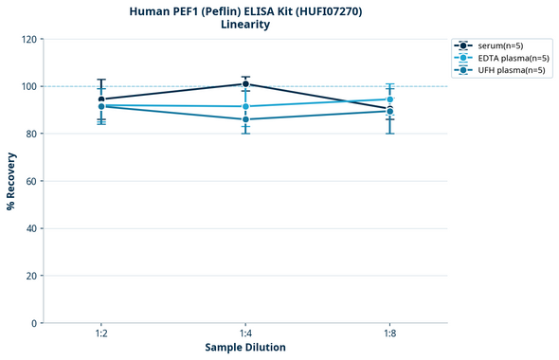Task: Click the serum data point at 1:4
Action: coord(245,84)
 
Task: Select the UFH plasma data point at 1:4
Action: coord(245,119)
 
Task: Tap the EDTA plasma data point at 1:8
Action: coord(389,99)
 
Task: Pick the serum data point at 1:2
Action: coord(101,99)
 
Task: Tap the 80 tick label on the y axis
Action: coord(29,134)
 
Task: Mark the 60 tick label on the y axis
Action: coord(29,181)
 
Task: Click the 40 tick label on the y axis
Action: coord(29,228)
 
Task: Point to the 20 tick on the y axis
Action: coord(29,276)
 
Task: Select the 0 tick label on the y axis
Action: coord(32,323)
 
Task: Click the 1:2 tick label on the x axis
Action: coord(101,334)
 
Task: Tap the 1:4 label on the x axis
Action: coord(245,334)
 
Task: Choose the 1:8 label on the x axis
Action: coord(389,334)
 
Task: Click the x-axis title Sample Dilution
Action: coord(245,348)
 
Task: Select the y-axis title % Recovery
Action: coord(11,181)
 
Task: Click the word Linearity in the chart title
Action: coord(245,25)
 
